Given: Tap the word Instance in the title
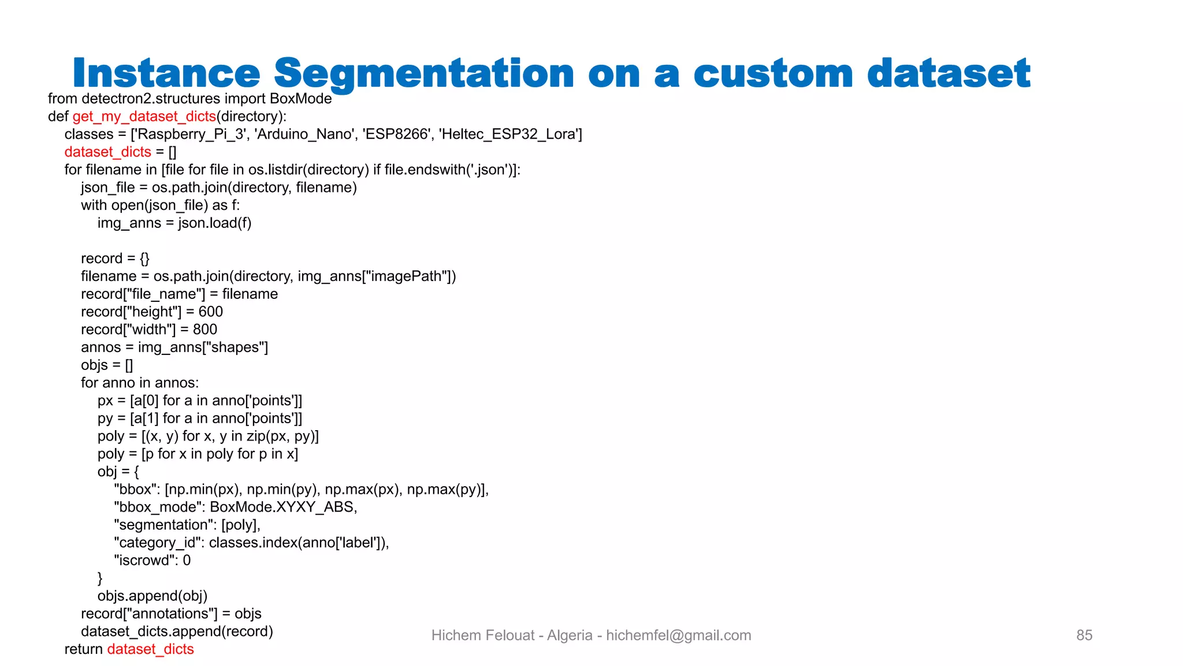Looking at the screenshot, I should point(166,74).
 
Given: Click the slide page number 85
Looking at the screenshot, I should point(1084,635).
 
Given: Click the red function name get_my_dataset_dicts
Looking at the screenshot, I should point(144,117).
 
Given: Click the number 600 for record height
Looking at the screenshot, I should point(210,312).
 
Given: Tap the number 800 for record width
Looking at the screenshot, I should point(204,330).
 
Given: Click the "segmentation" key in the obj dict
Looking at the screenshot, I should point(163,525).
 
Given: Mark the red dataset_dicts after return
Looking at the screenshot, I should point(150,649).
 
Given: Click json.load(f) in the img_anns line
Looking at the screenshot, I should point(214,223).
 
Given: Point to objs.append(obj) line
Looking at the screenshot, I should point(152,596).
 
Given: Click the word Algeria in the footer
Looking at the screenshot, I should point(570,635).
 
